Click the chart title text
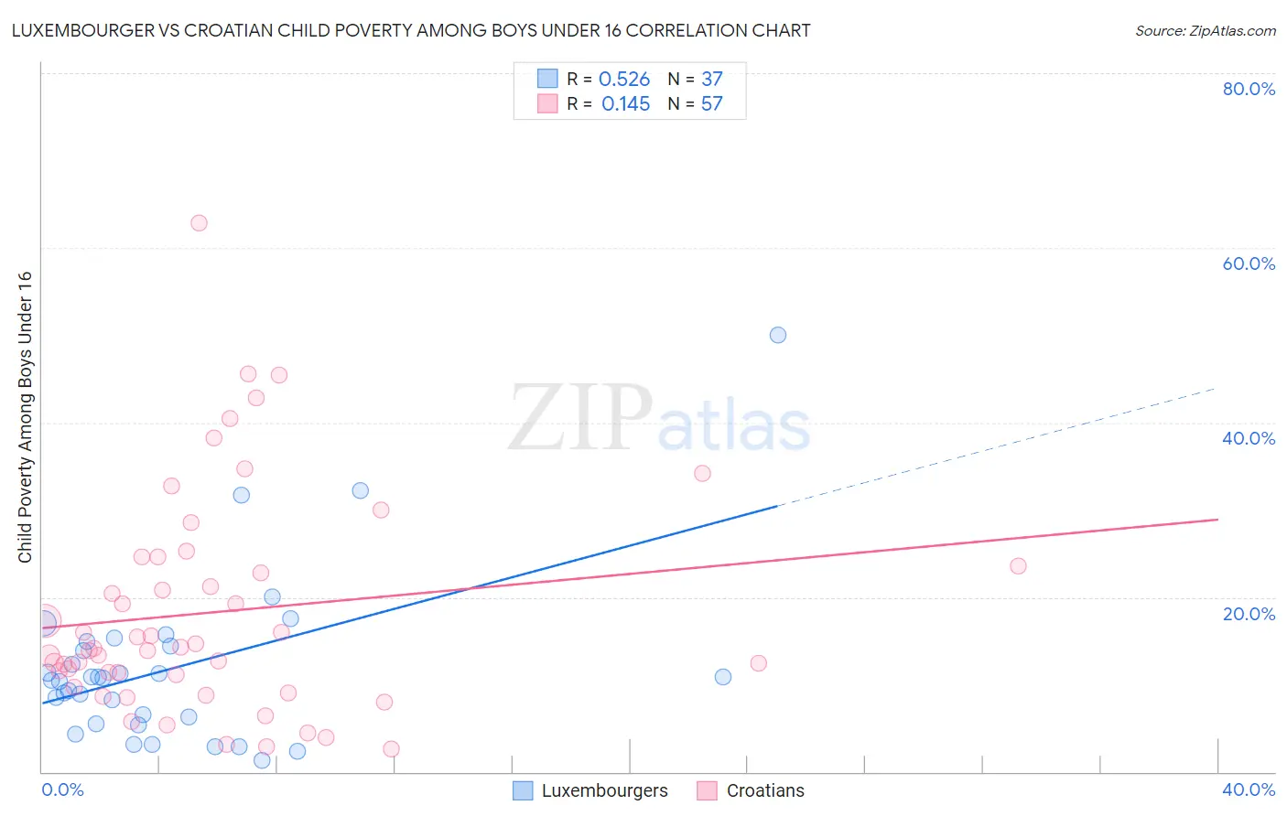click(x=411, y=31)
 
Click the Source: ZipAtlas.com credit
click(x=1205, y=31)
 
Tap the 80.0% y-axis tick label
click(x=1249, y=89)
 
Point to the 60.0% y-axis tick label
click(x=1249, y=263)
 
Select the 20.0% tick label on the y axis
click(x=1249, y=614)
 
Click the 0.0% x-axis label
click(x=62, y=789)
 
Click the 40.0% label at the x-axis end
click(x=1249, y=789)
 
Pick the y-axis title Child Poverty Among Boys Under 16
click(x=26, y=417)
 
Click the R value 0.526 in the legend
click(x=624, y=80)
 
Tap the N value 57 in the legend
click(x=712, y=104)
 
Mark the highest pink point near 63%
click(x=199, y=223)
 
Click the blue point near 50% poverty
click(x=778, y=335)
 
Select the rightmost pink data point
click(x=1018, y=566)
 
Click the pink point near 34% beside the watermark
click(x=702, y=473)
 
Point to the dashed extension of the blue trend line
click(x=998, y=447)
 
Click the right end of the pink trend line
click(x=1217, y=520)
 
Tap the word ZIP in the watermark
click(x=580, y=419)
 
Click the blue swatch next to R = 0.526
click(x=547, y=79)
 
